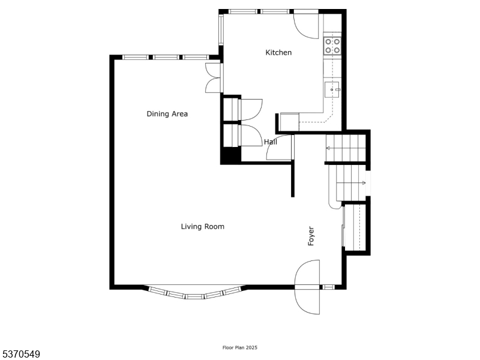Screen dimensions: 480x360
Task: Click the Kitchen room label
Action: pos(278,52)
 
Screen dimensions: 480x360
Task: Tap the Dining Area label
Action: pos(167,114)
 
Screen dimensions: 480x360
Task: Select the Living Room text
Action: pos(202,227)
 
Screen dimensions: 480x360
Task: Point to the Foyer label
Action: pos(311,236)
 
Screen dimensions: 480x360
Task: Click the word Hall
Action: pos(271,142)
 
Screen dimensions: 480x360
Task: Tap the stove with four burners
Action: pos(332,46)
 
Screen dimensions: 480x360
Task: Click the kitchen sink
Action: pos(332,89)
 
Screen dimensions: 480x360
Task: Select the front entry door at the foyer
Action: pos(307,287)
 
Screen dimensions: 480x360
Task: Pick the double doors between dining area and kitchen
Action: pos(213,78)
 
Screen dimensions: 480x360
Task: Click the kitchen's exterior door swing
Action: pos(306,26)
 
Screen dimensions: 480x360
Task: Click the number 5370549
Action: pos(20,355)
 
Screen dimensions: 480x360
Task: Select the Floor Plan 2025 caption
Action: pos(240,347)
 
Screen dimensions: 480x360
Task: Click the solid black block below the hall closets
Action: pos(230,155)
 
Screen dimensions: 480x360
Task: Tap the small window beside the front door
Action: pos(329,287)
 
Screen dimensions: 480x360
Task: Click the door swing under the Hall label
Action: pos(278,147)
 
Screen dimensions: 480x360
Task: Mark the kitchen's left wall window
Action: pos(221,30)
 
